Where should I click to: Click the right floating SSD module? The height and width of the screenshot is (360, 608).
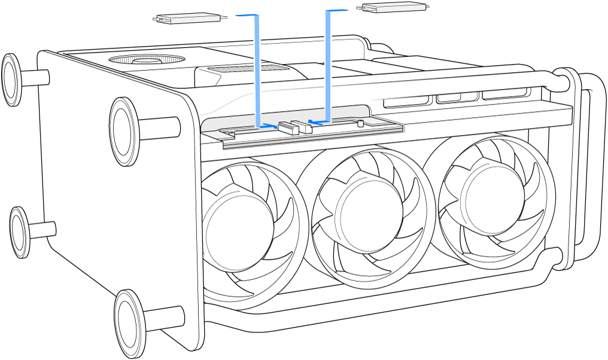tap(393, 8)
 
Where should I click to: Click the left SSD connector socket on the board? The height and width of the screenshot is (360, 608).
tap(288, 127)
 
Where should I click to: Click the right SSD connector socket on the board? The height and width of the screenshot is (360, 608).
tap(303, 126)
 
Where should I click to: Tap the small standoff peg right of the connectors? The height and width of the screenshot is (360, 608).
tap(360, 124)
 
